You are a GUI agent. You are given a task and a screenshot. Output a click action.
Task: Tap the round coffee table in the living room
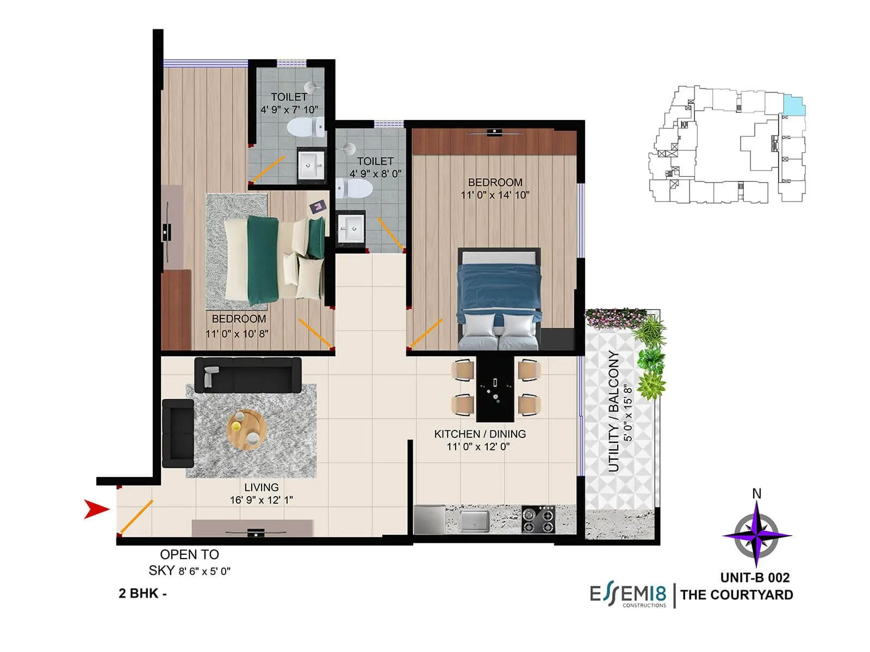coord(246,429)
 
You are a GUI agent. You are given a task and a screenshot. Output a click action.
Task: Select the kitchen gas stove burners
coord(538,519)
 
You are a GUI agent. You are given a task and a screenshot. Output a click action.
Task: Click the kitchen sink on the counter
coord(474,520)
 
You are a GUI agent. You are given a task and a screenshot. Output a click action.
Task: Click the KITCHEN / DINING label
coord(480,434)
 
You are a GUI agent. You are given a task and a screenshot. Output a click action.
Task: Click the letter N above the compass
coord(756,493)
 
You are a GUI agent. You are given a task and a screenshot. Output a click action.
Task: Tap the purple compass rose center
coord(756,535)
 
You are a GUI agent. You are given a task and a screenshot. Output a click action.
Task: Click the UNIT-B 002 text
coord(755,578)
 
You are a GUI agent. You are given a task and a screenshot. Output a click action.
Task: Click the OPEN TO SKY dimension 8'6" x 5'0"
coord(204,572)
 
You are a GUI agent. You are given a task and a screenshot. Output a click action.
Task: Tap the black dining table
coord(495,388)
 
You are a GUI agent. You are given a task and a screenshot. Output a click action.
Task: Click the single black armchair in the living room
coord(178,433)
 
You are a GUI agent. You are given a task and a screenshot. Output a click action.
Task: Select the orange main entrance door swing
coord(135,517)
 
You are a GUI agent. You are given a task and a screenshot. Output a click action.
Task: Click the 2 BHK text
coord(139,593)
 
